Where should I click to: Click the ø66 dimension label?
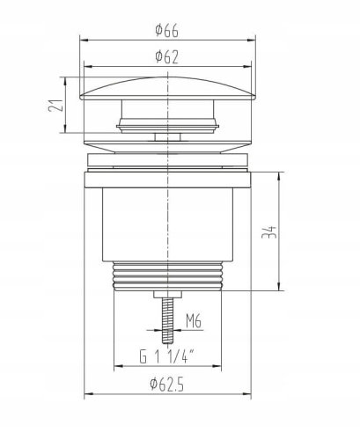coord(166,30)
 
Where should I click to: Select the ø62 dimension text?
coord(166,57)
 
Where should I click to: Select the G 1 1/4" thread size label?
coord(166,356)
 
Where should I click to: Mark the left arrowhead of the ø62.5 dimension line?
coord(86,393)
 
